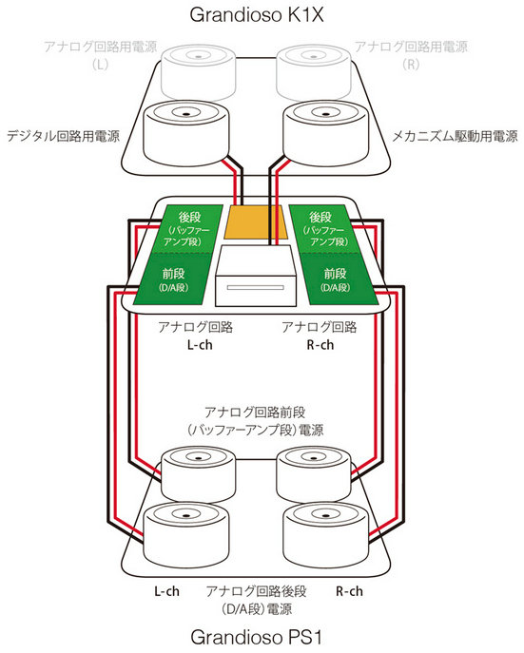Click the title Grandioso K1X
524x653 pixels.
pos(256,15)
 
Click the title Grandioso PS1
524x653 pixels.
pos(256,637)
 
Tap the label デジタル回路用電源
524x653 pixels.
pos(64,136)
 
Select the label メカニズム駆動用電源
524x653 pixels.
pos(455,136)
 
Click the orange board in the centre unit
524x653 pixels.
pos(256,222)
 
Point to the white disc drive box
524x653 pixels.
pos(256,276)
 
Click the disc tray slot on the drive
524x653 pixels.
pos(256,287)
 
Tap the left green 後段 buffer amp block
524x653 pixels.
pos(186,229)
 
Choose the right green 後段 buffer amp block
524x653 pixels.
pos(324,229)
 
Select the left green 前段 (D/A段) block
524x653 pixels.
pos(172,279)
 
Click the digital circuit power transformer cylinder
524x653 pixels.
pos(186,132)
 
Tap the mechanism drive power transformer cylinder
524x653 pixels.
pos(326,132)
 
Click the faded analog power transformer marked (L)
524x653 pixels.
pos(199,73)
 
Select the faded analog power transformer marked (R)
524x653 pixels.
pos(314,73)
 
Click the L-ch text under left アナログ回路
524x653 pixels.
pos(200,345)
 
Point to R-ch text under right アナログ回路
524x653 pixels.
pos(320,345)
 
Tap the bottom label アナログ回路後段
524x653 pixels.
pos(256,591)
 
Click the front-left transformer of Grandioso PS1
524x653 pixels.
pos(186,534)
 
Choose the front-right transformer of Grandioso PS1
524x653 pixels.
pos(326,534)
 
